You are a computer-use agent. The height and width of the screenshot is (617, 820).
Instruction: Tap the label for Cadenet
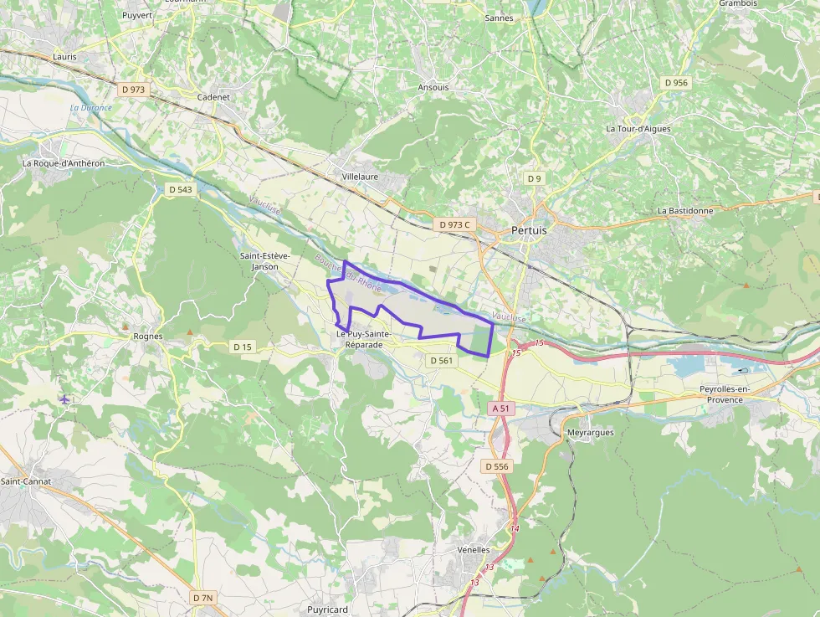[x=213, y=97]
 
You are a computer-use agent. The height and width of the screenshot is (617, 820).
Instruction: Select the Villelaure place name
[x=361, y=177]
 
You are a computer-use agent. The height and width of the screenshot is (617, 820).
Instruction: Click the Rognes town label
[x=148, y=337]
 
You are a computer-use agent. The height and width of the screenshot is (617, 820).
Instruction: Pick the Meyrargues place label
[x=590, y=433]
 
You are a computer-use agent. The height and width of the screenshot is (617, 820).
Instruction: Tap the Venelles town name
[x=474, y=550]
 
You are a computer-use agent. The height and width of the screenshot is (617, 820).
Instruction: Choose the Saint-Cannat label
[x=26, y=481]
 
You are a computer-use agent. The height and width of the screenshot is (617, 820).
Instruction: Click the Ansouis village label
[x=433, y=87]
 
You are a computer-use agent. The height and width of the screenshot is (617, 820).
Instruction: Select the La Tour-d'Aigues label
[x=638, y=129]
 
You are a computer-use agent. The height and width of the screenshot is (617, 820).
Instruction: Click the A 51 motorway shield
[x=500, y=408]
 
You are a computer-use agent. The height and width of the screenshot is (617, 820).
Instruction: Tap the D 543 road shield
[x=180, y=190]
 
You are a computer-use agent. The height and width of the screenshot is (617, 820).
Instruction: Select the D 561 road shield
[x=440, y=360]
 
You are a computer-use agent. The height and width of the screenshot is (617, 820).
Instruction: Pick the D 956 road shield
[x=675, y=83]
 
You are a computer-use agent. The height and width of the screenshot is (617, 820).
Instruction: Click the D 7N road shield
[x=203, y=598]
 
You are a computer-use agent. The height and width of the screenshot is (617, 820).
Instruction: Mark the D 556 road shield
[x=496, y=466]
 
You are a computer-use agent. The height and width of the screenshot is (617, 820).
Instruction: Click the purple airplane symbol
[x=64, y=398]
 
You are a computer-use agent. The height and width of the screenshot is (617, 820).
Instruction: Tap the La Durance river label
[x=91, y=108]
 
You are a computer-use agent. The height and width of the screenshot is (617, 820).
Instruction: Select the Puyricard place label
[x=327, y=610]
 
